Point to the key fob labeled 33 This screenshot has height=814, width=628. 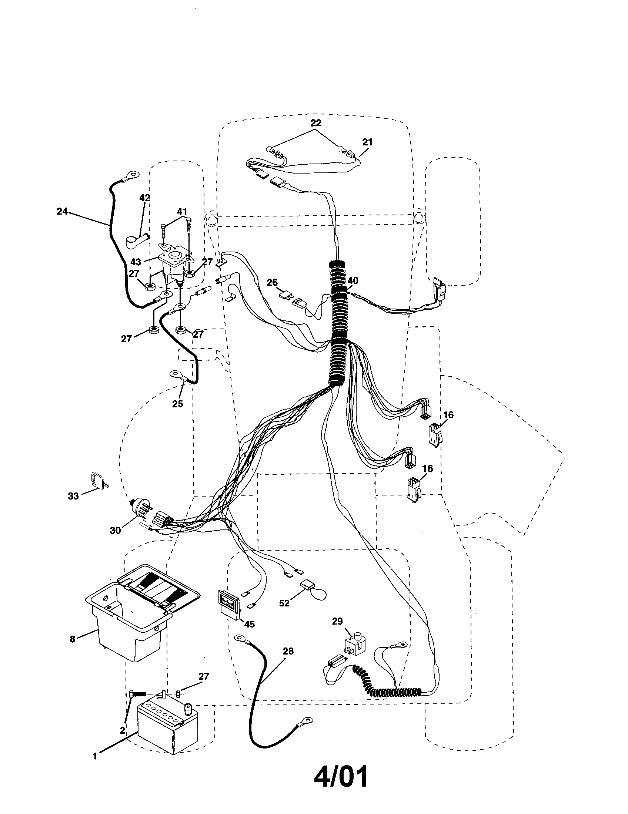click(98, 480)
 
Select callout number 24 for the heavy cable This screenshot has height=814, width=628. click(62, 211)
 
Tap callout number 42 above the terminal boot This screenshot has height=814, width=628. click(145, 198)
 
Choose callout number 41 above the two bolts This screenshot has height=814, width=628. click(181, 212)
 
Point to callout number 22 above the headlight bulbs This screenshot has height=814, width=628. click(315, 122)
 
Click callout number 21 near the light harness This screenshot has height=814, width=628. click(367, 142)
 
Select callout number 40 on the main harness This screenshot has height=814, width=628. click(353, 280)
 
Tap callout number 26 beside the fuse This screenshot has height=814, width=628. click(272, 283)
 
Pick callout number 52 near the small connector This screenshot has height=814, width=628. click(284, 603)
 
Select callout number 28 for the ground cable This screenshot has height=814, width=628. click(288, 651)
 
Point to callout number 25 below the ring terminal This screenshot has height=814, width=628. click(177, 403)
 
